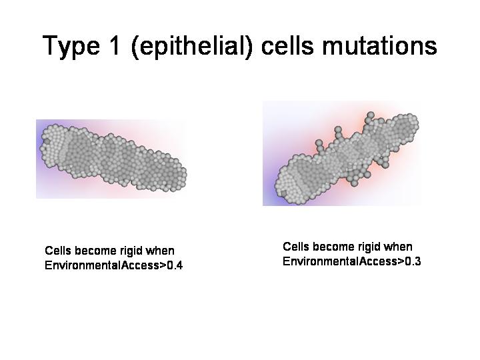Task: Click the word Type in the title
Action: click(x=71, y=45)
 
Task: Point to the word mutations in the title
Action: click(x=379, y=45)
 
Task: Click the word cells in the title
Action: click(x=287, y=45)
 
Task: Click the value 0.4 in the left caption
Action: click(x=175, y=265)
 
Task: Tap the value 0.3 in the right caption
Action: click(x=413, y=261)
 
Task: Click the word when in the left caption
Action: click(x=159, y=251)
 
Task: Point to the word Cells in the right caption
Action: click(x=296, y=247)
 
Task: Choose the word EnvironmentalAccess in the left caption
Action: click(x=102, y=265)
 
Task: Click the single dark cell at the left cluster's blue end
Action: click(x=47, y=141)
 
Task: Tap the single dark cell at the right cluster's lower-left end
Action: click(x=284, y=193)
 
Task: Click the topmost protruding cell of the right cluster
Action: click(x=371, y=115)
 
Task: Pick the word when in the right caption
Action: click(x=398, y=247)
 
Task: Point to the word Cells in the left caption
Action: click(x=58, y=251)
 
